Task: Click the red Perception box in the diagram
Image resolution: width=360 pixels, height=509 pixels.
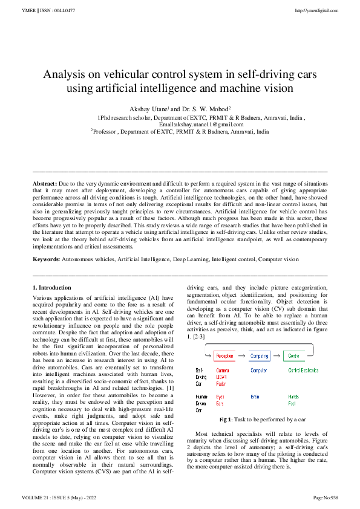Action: click(x=225, y=356)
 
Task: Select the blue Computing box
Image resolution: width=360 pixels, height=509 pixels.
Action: click(x=260, y=356)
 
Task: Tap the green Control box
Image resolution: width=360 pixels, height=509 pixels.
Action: click(x=294, y=356)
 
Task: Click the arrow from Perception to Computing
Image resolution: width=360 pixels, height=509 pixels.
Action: click(x=241, y=356)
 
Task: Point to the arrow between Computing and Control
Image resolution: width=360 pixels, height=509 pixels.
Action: click(x=277, y=356)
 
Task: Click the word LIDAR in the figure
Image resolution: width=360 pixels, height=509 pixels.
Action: click(x=222, y=377)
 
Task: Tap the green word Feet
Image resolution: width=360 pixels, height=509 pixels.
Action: click(x=292, y=403)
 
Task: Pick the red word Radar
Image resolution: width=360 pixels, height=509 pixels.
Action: click(x=221, y=383)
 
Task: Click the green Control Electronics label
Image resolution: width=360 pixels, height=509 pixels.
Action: click(x=304, y=370)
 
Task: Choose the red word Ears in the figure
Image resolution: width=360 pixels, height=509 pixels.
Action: click(x=220, y=403)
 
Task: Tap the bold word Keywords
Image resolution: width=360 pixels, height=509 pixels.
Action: click(x=46, y=258)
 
